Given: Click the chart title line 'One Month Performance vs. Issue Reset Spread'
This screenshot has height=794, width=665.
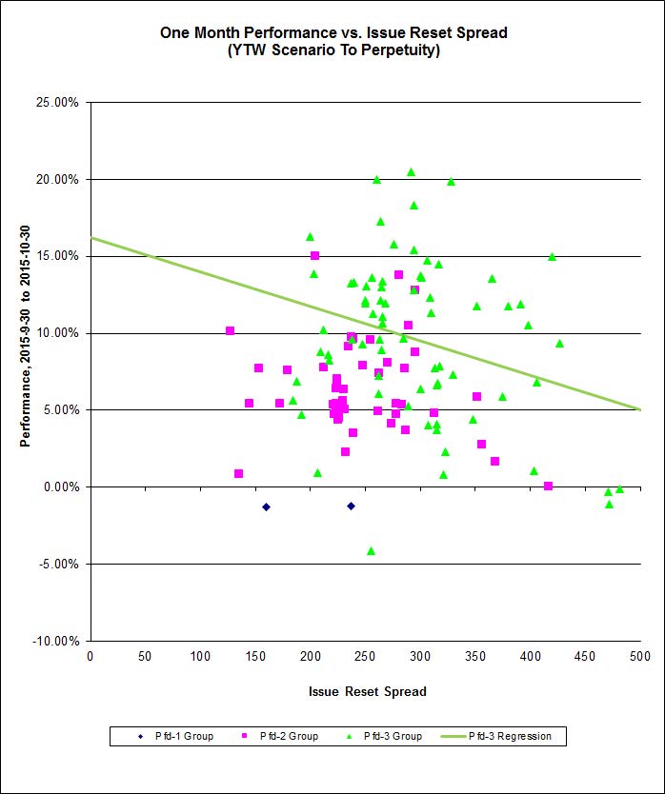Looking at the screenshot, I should coord(333,32).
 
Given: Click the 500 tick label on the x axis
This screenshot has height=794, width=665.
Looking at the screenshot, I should coord(640,656).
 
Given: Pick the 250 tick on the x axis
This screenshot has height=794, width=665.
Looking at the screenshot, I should coord(365,656).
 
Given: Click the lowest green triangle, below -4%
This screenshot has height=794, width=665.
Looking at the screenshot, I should coord(371,550).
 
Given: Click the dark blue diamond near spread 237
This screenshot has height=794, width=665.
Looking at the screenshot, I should coord(351,506).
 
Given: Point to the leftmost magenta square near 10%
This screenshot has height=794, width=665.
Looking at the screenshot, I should coord(230,330).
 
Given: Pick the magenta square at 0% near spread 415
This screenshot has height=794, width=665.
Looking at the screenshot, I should coord(548,486).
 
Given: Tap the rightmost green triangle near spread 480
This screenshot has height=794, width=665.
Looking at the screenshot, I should coord(619,488).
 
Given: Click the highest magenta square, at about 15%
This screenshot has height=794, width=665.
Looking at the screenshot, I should coord(314,255).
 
